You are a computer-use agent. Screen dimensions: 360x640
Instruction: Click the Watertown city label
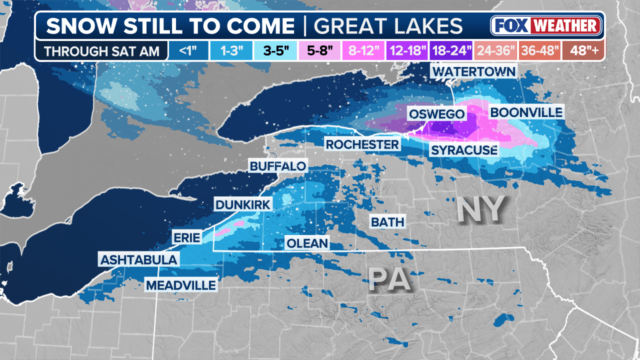474,72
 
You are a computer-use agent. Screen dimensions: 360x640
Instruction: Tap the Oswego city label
437,114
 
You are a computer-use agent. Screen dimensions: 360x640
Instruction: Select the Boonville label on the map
526,113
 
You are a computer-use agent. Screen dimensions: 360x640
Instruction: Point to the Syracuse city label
464,150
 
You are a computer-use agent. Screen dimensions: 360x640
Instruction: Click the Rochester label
362,145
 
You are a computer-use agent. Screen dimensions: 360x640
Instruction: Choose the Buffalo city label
278,166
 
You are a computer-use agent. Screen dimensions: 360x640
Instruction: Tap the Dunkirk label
243,205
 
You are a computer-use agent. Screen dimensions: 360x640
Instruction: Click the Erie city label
187,238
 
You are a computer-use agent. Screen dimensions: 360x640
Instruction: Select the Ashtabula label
139,260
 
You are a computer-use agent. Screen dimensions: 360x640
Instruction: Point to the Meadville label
181,285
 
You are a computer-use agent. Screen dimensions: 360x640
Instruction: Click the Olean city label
307,243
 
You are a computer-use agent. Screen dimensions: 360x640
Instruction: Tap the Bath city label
388,222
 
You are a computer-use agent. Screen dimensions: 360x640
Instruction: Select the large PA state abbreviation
389,280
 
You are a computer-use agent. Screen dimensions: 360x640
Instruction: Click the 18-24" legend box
451,51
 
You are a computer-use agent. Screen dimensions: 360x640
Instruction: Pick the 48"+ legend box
584,51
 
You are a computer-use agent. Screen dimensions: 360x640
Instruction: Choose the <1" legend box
188,51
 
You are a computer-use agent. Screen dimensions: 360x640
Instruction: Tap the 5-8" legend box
320,51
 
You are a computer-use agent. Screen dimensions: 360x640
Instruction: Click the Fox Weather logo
546,26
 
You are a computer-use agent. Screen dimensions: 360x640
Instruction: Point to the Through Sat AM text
102,51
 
